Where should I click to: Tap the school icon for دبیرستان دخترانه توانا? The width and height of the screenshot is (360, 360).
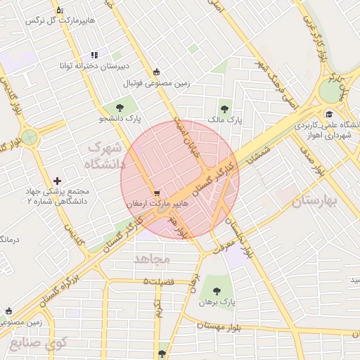[x=94, y=55]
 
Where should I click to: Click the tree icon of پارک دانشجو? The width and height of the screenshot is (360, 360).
[x=119, y=108]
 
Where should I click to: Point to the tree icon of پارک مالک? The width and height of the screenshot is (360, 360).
[x=224, y=109]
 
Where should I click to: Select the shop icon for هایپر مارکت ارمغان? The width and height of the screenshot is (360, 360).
[x=157, y=191]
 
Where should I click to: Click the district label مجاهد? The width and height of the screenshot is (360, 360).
[x=152, y=259]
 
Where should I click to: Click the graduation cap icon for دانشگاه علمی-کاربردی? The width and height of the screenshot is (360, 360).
[x=328, y=115]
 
